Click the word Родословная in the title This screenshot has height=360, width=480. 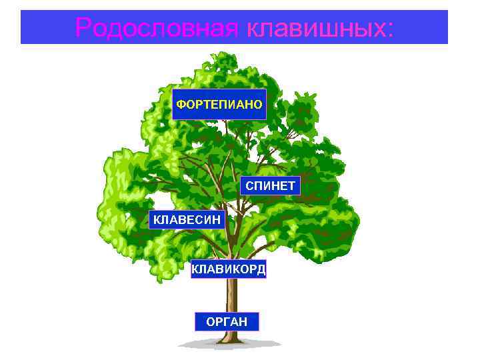pyautogui.click(x=157, y=28)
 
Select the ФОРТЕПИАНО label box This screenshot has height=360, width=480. pyautogui.click(x=219, y=104)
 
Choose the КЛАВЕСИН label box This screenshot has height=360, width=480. pyautogui.click(x=187, y=219)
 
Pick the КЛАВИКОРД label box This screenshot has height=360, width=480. pyautogui.click(x=229, y=269)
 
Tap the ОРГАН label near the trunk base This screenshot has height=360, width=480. pyautogui.click(x=227, y=322)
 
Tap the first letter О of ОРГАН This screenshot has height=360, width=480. pyautogui.click(x=211, y=322)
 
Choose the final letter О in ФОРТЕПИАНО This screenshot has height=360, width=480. pyautogui.click(x=258, y=104)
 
